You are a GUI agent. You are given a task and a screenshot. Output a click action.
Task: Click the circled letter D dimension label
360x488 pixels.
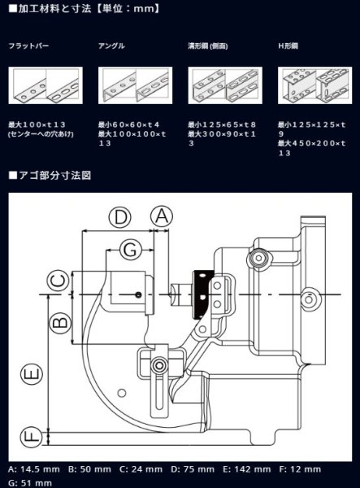coord(120,216)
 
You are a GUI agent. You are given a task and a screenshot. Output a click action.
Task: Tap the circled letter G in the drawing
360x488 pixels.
coord(129,250)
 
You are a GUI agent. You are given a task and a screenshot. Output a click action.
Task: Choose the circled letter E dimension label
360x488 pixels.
coord(31,374)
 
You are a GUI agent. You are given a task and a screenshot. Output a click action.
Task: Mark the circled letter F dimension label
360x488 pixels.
coord(31,436)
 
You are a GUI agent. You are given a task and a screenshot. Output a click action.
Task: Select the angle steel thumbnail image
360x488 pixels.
coord(132,84)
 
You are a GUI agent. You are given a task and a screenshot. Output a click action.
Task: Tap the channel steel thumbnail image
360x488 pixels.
coord(222,84)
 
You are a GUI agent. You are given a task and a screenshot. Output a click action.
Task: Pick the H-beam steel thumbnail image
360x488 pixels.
coord(311,84)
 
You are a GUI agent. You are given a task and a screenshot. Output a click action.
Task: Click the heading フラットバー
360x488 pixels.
coord(29,46)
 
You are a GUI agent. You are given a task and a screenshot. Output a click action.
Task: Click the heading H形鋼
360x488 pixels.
coord(288,46)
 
